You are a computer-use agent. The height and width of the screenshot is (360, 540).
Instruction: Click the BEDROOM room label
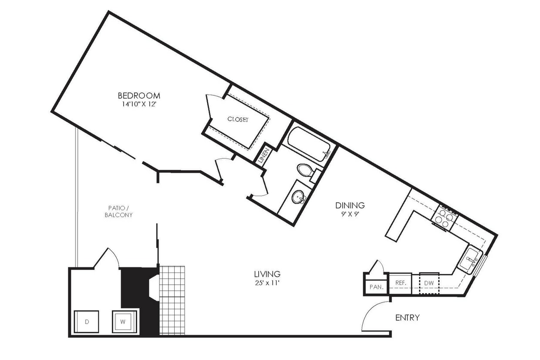point(139,95)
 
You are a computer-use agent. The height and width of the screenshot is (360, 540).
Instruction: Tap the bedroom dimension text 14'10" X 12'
point(139,104)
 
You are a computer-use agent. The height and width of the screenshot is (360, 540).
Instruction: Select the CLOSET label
point(238,119)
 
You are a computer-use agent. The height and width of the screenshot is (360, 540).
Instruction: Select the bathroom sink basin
point(299,197)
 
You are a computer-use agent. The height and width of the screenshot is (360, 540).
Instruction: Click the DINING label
point(350,205)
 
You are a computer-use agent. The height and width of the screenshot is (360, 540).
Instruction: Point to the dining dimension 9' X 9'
point(350,214)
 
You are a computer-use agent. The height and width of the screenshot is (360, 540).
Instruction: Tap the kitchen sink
point(469,259)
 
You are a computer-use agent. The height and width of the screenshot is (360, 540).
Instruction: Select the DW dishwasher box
point(429,283)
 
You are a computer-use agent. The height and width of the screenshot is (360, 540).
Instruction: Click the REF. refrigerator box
point(400,283)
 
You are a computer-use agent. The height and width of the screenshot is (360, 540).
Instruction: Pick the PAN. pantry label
point(375,287)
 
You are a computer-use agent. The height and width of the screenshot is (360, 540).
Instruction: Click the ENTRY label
point(407,317)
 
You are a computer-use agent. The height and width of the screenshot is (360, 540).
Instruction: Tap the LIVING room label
point(267,274)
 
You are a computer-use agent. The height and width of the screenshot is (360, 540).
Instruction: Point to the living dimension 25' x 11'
point(267,283)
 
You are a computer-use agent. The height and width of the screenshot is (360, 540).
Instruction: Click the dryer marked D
point(86,322)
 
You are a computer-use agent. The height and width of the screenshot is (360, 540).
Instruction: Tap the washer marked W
point(123,322)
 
